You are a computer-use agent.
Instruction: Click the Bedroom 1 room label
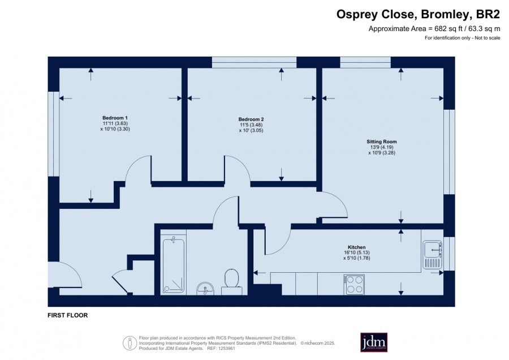pyautogui.click(x=115, y=118)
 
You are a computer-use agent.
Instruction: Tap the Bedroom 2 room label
pyautogui.click(x=251, y=119)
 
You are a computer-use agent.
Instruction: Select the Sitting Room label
pyautogui.click(x=382, y=142)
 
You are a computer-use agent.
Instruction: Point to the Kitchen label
pyautogui.click(x=357, y=247)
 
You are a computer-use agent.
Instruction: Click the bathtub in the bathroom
pyautogui.click(x=174, y=265)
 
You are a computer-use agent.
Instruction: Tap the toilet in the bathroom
pyautogui.click(x=231, y=281)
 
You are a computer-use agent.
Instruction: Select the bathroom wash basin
pyautogui.click(x=205, y=289)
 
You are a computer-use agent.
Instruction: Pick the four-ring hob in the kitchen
pyautogui.click(x=354, y=285)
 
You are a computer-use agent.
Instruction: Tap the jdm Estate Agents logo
pyautogui.click(x=374, y=342)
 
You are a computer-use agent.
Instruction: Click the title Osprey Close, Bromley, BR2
pyautogui.click(x=418, y=14)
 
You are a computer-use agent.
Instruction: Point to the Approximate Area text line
pyautogui.click(x=434, y=29)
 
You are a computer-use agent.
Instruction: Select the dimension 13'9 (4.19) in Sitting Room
pyautogui.click(x=382, y=147)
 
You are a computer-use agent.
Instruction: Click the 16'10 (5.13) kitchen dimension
pyautogui.click(x=357, y=252)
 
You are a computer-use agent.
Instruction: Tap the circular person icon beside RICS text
pyautogui.click(x=130, y=343)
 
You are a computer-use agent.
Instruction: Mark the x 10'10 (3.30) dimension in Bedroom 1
pyautogui.click(x=115, y=129)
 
